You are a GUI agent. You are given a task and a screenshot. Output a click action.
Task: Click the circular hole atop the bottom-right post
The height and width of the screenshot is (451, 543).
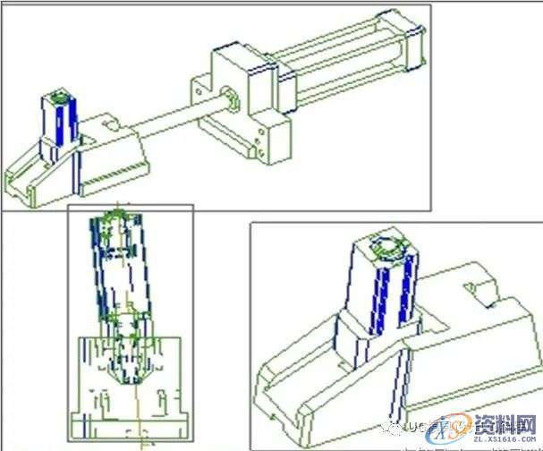pos(388,247)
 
